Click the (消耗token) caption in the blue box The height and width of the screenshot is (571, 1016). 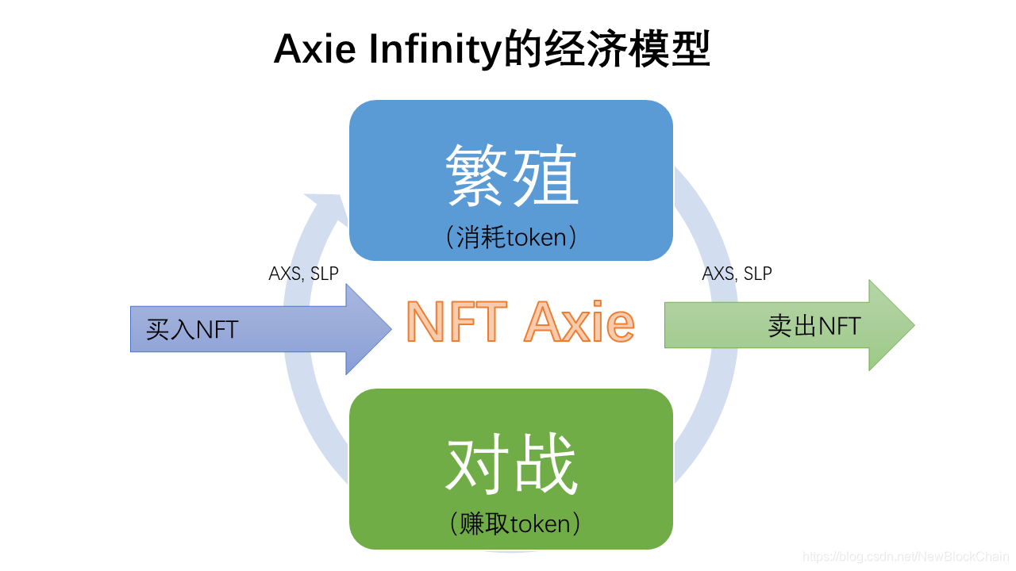(511, 237)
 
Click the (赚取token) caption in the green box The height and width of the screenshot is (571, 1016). (511, 524)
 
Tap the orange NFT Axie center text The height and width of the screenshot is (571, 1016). (520, 322)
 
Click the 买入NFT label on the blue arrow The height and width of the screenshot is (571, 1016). (192, 329)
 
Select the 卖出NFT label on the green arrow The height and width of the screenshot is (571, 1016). (814, 325)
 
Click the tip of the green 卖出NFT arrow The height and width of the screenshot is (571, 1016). (912, 325)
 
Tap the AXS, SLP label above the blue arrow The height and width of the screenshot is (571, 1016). (303, 274)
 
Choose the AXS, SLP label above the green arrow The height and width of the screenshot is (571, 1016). (737, 274)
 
